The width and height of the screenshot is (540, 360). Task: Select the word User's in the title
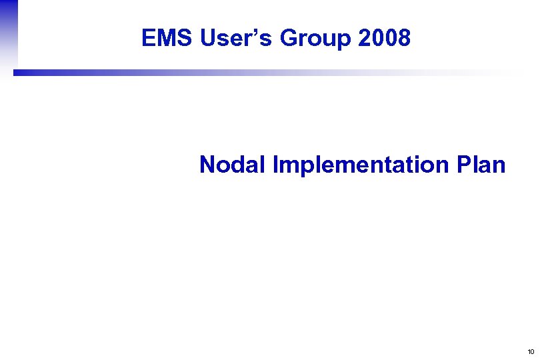point(236,39)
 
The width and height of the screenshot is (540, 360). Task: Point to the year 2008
point(384,39)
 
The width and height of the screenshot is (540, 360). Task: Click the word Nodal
point(233,164)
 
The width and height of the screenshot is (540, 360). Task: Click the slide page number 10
point(531,351)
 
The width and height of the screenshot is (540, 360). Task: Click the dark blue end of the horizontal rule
point(20,73)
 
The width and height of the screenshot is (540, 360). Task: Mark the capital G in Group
point(289,39)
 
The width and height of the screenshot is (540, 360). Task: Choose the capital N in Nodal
point(207,164)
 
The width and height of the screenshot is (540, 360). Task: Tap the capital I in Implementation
point(275,164)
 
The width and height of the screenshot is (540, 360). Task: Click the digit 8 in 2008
point(403,39)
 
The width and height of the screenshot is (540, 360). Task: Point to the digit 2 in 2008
point(365,39)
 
